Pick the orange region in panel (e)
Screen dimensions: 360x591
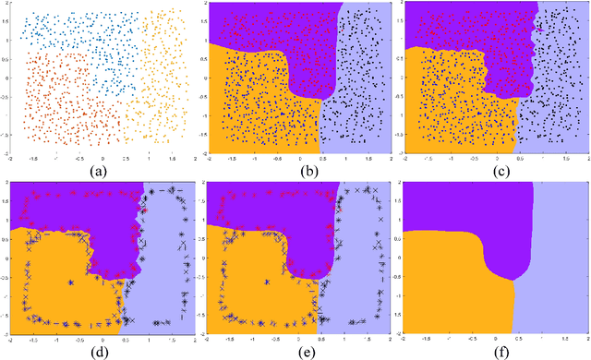(254, 277)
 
